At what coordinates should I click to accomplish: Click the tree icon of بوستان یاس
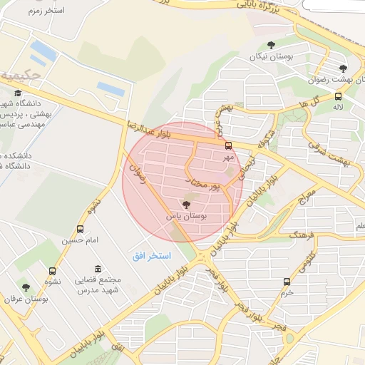pyautogui.click(x=187, y=205)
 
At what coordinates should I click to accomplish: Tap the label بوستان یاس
pyautogui.click(x=186, y=215)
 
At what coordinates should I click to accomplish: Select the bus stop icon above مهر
pyautogui.click(x=228, y=146)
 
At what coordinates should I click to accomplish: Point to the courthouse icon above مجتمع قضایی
pyautogui.click(x=97, y=270)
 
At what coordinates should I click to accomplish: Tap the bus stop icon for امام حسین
pyautogui.click(x=80, y=230)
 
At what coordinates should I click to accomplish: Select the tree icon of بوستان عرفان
pyautogui.click(x=26, y=287)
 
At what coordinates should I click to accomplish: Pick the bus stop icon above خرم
pyautogui.click(x=287, y=282)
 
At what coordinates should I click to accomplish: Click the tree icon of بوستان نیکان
pyautogui.click(x=271, y=46)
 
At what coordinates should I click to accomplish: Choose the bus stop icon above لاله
pyautogui.click(x=338, y=97)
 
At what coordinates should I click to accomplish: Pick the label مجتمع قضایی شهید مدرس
pyautogui.click(x=99, y=284)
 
